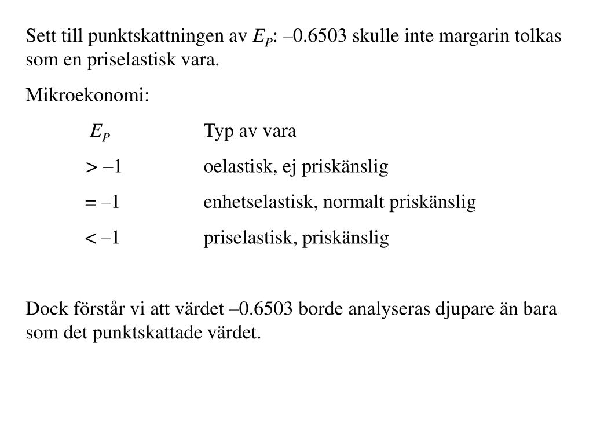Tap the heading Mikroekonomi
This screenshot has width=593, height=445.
(x=87, y=96)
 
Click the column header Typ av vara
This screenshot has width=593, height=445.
(x=250, y=132)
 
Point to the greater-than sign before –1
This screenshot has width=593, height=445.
(x=91, y=168)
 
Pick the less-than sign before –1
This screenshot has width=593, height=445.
(x=91, y=239)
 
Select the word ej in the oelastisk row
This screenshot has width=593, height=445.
(x=288, y=168)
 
